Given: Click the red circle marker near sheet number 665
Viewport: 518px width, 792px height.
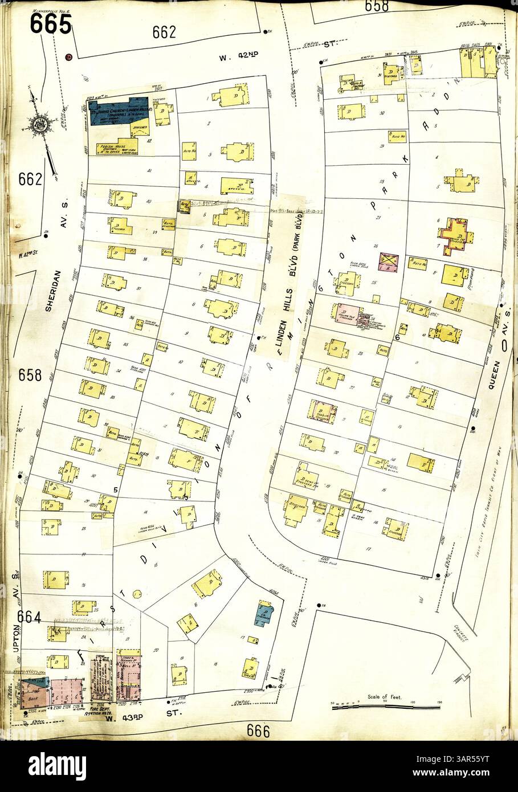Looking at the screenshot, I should (x=68, y=56).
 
